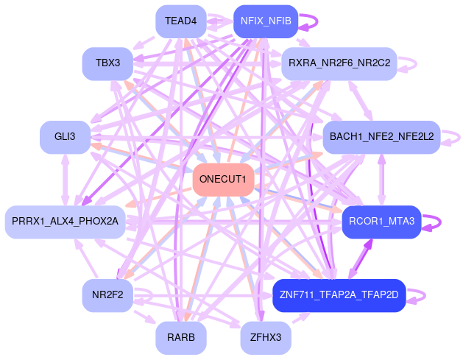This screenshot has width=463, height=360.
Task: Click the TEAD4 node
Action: click(180, 21)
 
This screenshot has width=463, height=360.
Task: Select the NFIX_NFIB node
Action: click(265, 21)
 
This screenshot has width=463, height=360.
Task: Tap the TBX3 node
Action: click(107, 63)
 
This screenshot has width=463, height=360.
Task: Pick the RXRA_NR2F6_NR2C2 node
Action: click(339, 63)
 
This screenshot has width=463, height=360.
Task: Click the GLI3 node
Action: click(65, 136)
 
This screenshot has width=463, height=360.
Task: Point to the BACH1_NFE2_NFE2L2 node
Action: click(381, 136)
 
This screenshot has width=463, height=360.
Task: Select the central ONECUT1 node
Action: click(223, 180)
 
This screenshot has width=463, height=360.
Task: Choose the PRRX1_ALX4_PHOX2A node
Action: click(66, 221)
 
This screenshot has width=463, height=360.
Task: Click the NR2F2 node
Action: click(107, 295)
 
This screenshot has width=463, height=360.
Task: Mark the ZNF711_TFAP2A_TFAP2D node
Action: click(339, 295)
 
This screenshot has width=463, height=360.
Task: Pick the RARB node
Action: click(180, 338)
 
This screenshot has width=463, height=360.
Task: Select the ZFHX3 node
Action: click(266, 338)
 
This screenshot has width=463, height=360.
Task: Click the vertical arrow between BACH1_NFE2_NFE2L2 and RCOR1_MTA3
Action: click(381, 179)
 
